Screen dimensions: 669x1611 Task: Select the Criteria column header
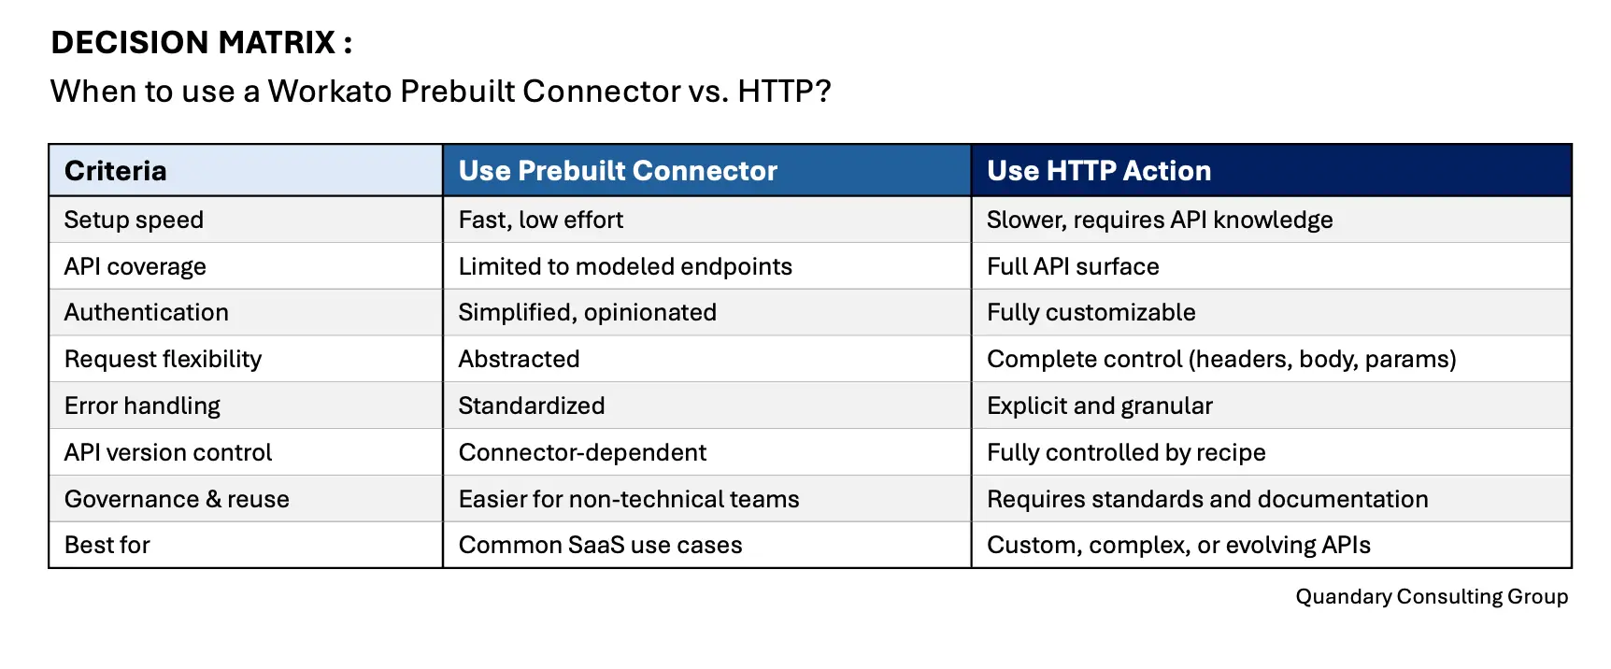(115, 171)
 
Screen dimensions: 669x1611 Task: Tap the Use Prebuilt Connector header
(618, 171)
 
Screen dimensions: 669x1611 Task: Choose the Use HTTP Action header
(1099, 171)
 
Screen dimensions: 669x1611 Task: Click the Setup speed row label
(134, 221)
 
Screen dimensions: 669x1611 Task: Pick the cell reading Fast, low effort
(540, 221)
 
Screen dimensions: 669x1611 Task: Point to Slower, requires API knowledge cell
(1160, 221)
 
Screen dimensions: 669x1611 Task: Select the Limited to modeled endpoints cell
(625, 267)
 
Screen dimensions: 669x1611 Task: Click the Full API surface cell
(1073, 267)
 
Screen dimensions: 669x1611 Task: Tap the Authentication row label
(146, 313)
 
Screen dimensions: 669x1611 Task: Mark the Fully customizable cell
(1091, 313)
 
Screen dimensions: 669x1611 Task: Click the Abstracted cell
(519, 360)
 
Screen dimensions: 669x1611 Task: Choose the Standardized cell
(531, 406)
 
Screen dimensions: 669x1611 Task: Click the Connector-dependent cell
(582, 453)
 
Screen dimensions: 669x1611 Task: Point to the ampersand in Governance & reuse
(213, 500)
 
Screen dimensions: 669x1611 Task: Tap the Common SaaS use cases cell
(600, 546)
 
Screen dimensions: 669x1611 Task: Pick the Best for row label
(107, 546)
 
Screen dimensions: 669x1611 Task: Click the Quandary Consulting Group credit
(1431, 597)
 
